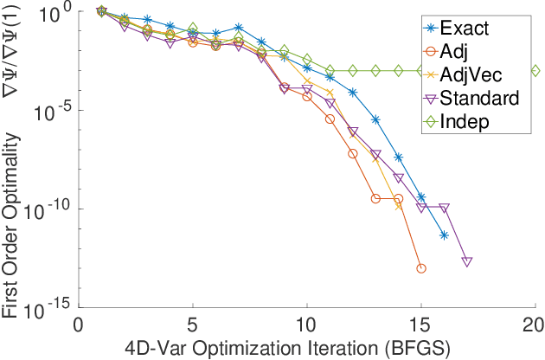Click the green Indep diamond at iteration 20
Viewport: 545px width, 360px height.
click(535, 71)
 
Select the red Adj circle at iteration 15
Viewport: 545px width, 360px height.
click(421, 268)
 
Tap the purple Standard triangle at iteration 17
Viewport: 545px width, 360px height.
click(467, 261)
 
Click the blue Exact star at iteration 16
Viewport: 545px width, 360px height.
click(444, 235)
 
